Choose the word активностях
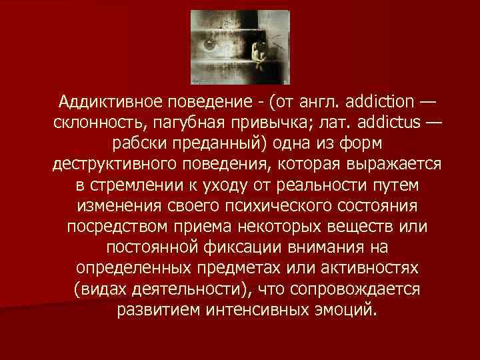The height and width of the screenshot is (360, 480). (346, 269)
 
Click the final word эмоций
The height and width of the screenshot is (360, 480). (347, 310)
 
